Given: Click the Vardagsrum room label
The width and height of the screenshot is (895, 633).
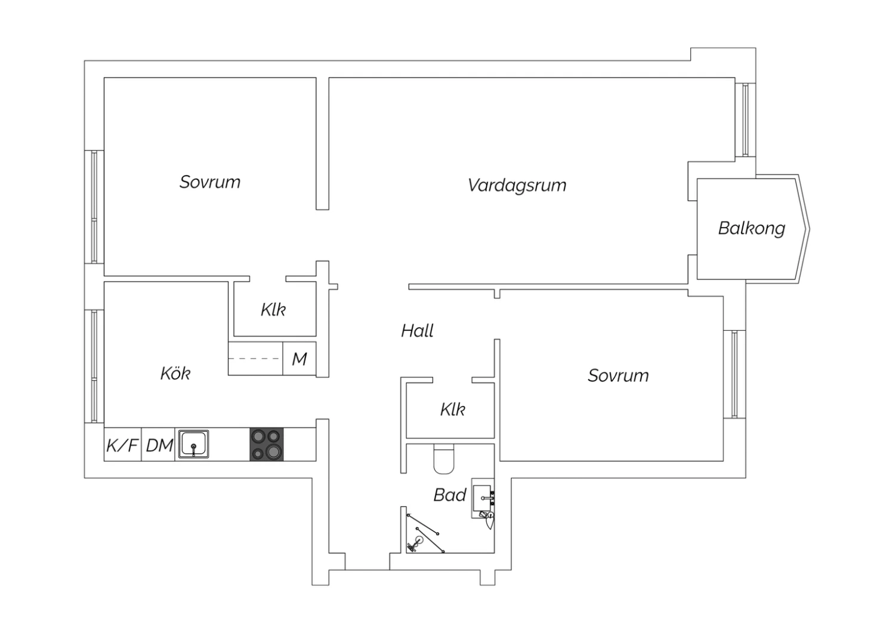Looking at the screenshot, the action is tap(517, 186).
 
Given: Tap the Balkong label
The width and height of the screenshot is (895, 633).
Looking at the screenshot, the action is tap(752, 228).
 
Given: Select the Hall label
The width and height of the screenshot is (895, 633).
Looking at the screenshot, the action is tap(417, 331).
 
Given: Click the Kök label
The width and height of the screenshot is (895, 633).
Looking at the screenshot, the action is tap(175, 373).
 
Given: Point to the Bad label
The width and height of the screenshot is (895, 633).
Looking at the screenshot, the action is tap(450, 495).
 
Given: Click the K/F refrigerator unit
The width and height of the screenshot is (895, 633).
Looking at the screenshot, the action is tap(123, 445).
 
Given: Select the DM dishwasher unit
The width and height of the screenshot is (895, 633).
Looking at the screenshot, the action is tap(158, 445).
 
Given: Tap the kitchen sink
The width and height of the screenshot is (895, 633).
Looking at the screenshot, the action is tap(193, 444).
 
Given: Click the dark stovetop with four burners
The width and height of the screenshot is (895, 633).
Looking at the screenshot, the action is tap(267, 445).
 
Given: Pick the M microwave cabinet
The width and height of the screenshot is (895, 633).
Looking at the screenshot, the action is tap(300, 359).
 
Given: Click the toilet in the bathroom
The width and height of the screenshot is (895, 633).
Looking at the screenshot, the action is tap(443, 459).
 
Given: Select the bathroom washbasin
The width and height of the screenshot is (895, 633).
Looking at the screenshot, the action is tap(483, 498).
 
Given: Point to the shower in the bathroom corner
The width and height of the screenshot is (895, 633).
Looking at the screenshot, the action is tap(425, 533).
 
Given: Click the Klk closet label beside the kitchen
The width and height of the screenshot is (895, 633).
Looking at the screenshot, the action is tap(273, 309).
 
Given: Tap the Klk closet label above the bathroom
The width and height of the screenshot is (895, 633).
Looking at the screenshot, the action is tap(453, 410).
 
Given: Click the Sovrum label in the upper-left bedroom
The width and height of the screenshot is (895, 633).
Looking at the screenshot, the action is tap(210, 182).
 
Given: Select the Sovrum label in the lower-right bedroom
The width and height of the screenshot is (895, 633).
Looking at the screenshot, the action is tap(618, 376).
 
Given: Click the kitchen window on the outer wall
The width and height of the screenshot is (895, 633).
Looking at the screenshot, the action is tap(94, 366).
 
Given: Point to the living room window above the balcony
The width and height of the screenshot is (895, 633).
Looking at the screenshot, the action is tap(745, 120).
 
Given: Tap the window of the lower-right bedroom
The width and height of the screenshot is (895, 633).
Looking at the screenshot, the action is tap(734, 374).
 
